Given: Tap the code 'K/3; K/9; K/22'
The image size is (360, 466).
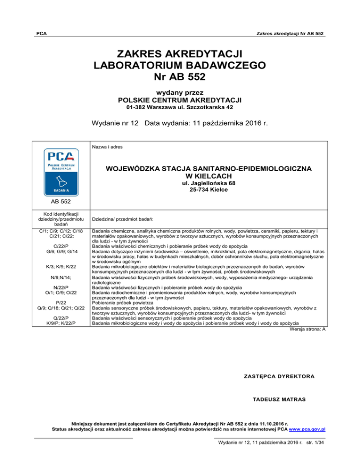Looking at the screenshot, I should pos(59,267).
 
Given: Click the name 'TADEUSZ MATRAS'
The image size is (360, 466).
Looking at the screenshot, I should pos(279,399).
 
